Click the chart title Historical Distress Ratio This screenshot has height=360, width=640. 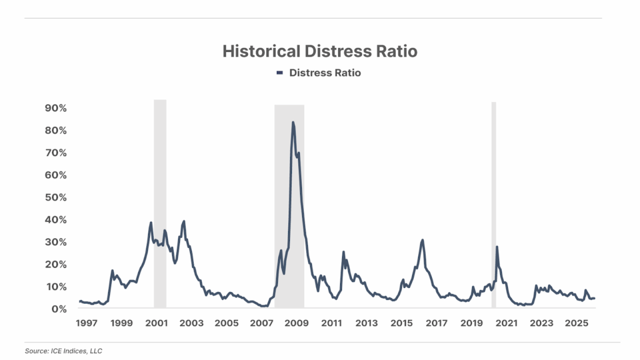[319, 51]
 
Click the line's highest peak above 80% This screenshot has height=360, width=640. [292, 122]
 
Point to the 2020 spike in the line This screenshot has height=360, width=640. [497, 247]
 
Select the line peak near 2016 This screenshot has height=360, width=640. [422, 240]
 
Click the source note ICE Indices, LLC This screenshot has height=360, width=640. [62, 351]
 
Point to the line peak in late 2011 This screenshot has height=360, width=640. [343, 252]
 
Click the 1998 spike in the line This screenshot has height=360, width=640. [112, 271]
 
